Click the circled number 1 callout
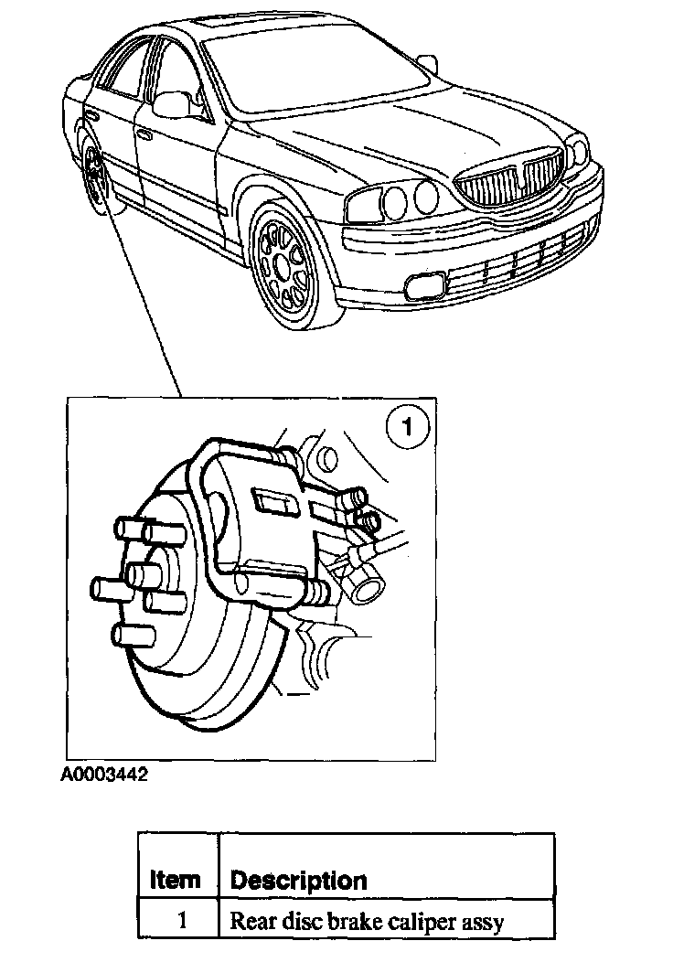click(x=407, y=426)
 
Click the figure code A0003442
click(x=104, y=775)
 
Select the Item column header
click(x=175, y=881)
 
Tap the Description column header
click(x=298, y=881)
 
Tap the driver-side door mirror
click(x=171, y=102)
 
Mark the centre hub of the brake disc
click(x=142, y=575)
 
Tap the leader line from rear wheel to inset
click(x=146, y=302)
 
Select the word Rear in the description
click(x=250, y=920)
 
